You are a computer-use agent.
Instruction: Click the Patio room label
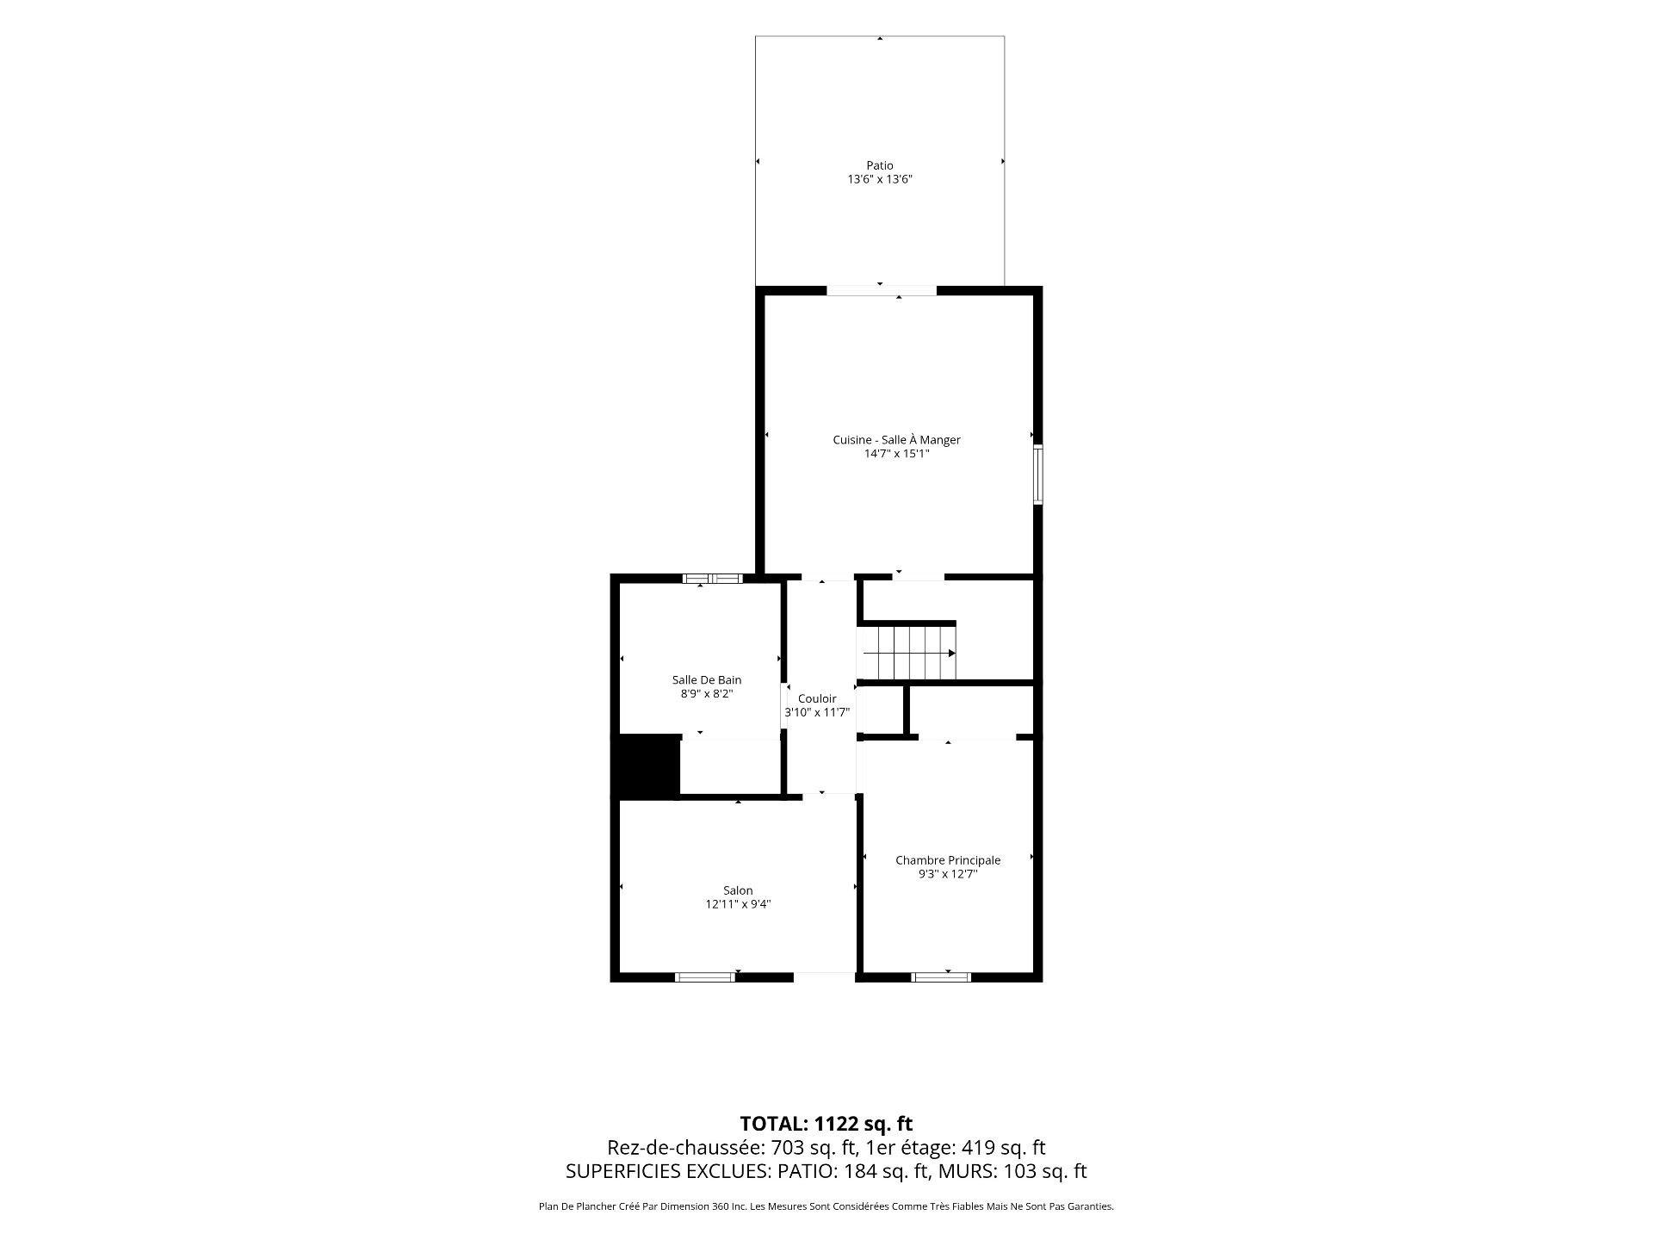point(879,165)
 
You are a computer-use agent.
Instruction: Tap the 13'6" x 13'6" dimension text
point(879,179)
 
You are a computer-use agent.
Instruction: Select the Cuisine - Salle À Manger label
point(896,440)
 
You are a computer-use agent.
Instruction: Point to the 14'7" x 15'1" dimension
point(896,454)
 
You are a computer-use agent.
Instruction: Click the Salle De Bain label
point(706,680)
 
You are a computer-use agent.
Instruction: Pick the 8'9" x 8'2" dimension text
point(706,694)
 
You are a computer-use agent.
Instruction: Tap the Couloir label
point(817,698)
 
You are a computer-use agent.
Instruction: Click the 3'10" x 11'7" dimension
point(817,712)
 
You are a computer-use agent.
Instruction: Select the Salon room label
point(738,890)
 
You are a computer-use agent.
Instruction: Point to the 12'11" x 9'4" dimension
point(738,904)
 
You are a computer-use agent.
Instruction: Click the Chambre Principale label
point(948,860)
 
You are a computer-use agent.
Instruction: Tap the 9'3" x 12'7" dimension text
point(948,874)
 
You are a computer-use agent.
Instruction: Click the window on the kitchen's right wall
point(1038,474)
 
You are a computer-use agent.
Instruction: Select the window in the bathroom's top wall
point(712,579)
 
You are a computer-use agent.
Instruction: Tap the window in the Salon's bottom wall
point(705,976)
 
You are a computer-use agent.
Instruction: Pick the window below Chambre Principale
point(941,976)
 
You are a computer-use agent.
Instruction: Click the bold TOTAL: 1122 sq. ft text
point(826,1124)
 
